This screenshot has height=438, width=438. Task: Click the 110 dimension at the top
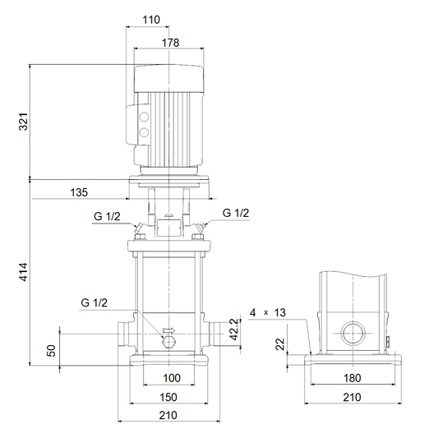click(151, 20)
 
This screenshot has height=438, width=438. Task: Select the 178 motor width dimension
click(170, 43)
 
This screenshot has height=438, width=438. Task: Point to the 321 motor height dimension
click(24, 122)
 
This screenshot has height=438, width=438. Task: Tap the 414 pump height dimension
click(24, 272)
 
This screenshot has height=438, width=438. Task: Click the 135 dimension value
click(79, 192)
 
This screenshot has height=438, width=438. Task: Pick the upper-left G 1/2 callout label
click(107, 216)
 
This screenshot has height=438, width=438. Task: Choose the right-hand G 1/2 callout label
click(236, 213)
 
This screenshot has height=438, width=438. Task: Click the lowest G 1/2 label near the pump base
click(95, 303)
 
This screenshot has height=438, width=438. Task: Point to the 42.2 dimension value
click(235, 330)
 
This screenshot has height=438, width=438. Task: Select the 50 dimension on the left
click(52, 351)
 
